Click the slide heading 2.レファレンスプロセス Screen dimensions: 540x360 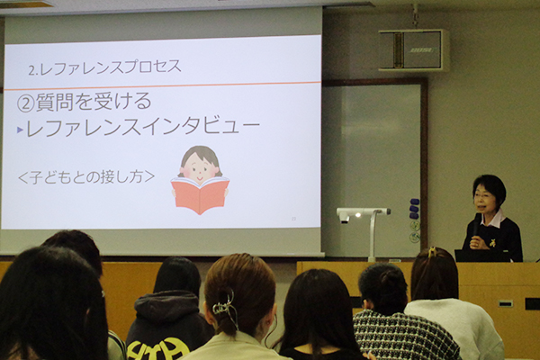point(104,67)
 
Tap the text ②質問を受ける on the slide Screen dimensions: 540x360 point(85,102)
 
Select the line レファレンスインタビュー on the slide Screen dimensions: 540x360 point(142,127)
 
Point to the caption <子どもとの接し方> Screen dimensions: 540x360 point(86,177)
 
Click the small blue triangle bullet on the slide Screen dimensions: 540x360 point(20,130)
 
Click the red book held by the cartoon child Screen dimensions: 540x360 point(200,195)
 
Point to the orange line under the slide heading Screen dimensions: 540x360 point(162,85)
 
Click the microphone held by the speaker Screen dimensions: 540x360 point(476,225)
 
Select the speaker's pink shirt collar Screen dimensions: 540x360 point(492,219)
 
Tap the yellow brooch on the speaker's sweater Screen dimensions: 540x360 point(493,243)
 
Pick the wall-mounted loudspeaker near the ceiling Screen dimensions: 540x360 point(414,50)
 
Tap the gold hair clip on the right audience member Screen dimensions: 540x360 point(431,252)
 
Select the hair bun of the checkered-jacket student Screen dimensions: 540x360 point(391,277)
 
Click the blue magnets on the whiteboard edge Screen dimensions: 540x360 point(414,208)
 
